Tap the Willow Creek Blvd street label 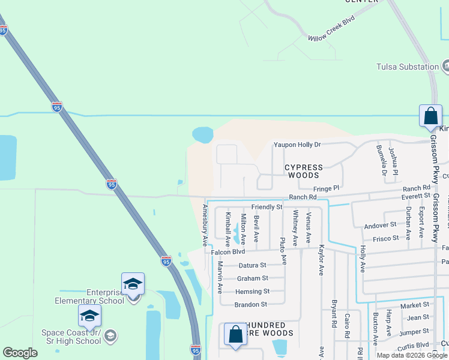pyautogui.click(x=332, y=28)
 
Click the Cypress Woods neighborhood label pyautogui.click(x=303, y=171)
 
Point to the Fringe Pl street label pyautogui.click(x=327, y=188)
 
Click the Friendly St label pyautogui.click(x=267, y=207)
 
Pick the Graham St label pyautogui.click(x=252, y=278)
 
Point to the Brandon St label pyautogui.click(x=251, y=305)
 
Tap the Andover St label pyautogui.click(x=380, y=225)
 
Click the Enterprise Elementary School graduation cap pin pyautogui.click(x=133, y=284)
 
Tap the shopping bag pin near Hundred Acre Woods pyautogui.click(x=235, y=335)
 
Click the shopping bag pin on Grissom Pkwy pyautogui.click(x=430, y=116)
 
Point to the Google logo pyautogui.click(x=20, y=353)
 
